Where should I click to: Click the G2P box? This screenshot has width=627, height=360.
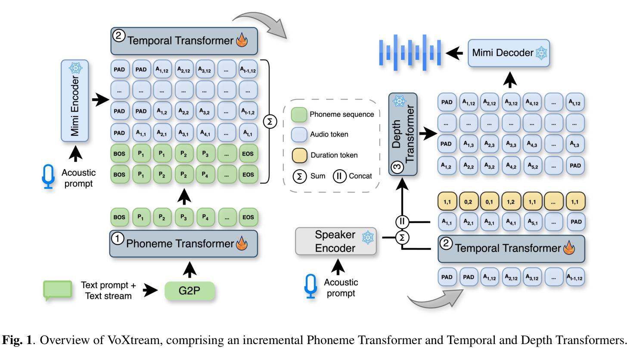coord(189,291)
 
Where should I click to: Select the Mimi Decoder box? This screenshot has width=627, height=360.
coord(509,53)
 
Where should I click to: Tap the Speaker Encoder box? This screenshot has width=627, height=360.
coord(335,242)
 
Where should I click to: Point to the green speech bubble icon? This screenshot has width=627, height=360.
coord(57,290)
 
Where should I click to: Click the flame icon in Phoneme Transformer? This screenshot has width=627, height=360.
coord(240,244)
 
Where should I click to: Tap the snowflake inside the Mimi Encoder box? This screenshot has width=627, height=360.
coord(76,68)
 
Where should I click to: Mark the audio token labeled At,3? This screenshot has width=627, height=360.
coord(575,144)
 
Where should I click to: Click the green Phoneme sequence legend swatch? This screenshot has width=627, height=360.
coord(298,114)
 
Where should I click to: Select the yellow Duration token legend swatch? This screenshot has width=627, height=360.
coord(298,155)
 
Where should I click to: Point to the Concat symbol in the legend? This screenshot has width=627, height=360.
coord(340,176)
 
